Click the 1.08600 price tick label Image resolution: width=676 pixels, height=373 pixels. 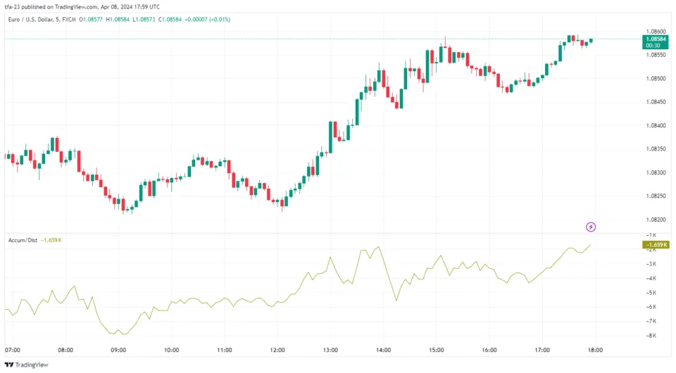[655, 32]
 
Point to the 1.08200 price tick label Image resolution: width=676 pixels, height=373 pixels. [655, 220]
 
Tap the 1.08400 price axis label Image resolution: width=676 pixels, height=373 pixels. [655, 125]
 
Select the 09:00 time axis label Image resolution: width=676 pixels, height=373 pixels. [118, 350]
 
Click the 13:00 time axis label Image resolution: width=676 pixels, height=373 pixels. [330, 350]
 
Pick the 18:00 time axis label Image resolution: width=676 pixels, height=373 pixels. [596, 350]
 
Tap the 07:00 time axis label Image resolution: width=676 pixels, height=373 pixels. [12, 350]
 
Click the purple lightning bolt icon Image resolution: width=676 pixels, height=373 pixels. [591, 227]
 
